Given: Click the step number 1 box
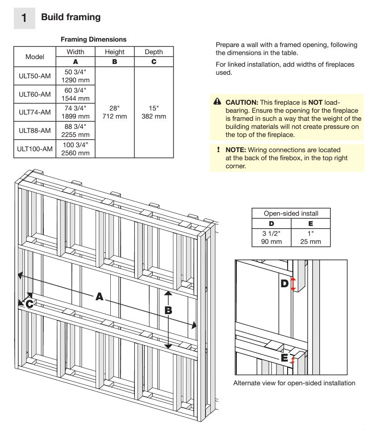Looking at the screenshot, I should (x=24, y=18).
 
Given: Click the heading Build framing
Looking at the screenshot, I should (x=71, y=17).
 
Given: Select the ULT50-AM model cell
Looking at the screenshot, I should (x=35, y=76).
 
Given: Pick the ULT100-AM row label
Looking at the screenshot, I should (x=35, y=149).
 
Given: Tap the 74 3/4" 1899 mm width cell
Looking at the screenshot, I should (x=75, y=112).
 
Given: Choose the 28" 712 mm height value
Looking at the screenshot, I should (x=114, y=112).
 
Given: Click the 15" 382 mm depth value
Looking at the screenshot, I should (x=154, y=112).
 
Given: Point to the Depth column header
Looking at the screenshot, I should (x=154, y=52).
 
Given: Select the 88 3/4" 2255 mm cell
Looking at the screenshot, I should (x=75, y=131).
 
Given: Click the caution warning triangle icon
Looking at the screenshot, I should (x=217, y=102).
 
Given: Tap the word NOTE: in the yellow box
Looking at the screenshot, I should (x=236, y=150).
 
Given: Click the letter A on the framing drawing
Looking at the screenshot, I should (x=99, y=297).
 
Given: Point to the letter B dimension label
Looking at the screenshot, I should (x=168, y=310).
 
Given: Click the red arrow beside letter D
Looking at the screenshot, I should (x=293, y=284).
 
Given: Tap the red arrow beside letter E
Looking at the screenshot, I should (x=293, y=359).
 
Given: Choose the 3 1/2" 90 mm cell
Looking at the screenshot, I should (x=272, y=238).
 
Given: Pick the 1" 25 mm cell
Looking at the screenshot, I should (x=310, y=238).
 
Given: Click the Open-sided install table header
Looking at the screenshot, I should (x=291, y=213).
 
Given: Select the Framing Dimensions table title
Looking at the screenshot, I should (x=93, y=39).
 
